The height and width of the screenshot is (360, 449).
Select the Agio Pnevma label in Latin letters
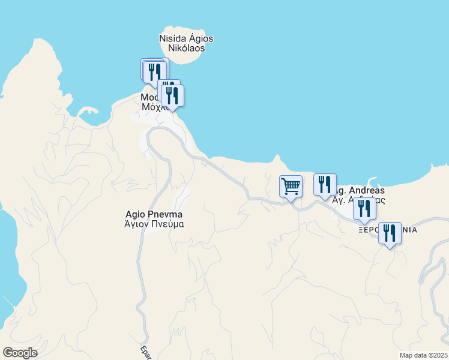point(154,214)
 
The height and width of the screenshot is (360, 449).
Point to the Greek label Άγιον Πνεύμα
point(154,224)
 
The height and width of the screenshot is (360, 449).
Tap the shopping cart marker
point(291,187)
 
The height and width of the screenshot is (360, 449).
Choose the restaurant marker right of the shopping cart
point(325,185)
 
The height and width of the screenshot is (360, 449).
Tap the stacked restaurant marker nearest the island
point(155,72)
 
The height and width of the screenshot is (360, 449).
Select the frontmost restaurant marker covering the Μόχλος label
point(172,96)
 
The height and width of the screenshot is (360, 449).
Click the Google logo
point(20,353)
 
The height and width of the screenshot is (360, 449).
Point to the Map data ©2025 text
point(423,355)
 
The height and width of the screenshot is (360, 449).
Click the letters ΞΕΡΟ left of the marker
point(368,230)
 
